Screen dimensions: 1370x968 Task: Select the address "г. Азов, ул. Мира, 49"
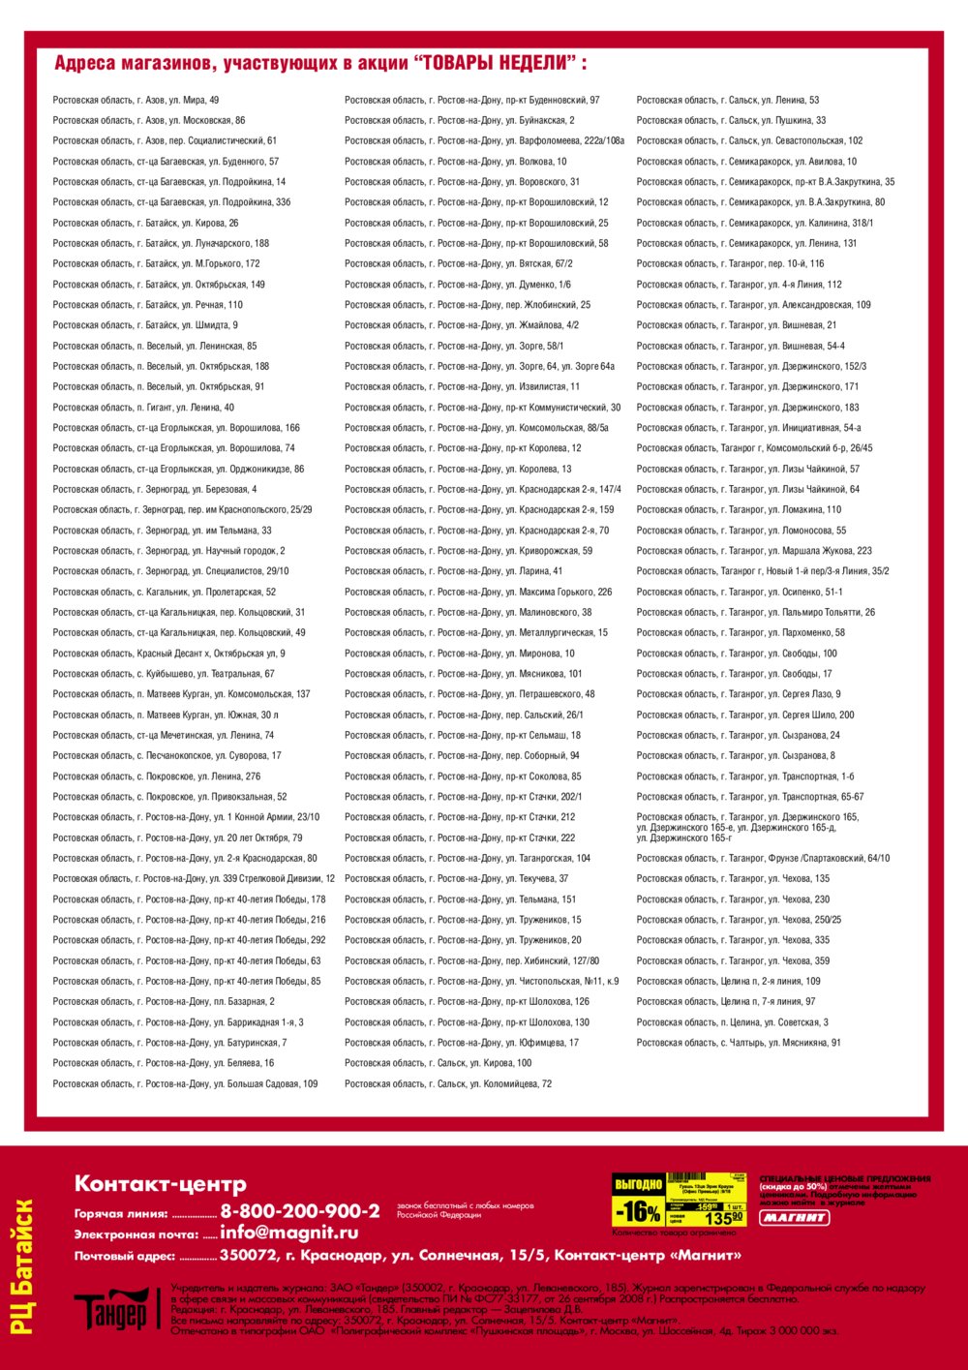click(136, 100)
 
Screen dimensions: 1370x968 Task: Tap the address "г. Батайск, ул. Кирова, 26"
click(145, 223)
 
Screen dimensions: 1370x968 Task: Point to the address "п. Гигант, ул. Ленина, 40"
click(143, 408)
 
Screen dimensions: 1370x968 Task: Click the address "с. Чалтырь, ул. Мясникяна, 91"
click(739, 1043)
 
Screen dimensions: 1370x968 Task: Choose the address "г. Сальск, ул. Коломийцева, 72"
click(448, 1083)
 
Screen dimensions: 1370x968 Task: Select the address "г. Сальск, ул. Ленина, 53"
click(728, 100)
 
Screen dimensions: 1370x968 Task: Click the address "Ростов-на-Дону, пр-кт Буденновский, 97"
click(472, 100)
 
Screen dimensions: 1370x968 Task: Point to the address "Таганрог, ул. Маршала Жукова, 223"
click(754, 551)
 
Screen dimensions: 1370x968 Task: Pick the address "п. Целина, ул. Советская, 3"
click(733, 1022)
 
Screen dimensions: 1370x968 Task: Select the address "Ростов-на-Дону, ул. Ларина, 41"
click(453, 571)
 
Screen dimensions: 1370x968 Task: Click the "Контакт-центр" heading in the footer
click(161, 1184)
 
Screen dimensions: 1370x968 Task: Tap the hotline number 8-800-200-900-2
click(300, 1211)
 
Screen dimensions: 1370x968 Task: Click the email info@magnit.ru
click(288, 1233)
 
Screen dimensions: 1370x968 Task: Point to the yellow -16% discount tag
click(638, 1210)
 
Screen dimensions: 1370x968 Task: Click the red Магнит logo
click(794, 1217)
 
